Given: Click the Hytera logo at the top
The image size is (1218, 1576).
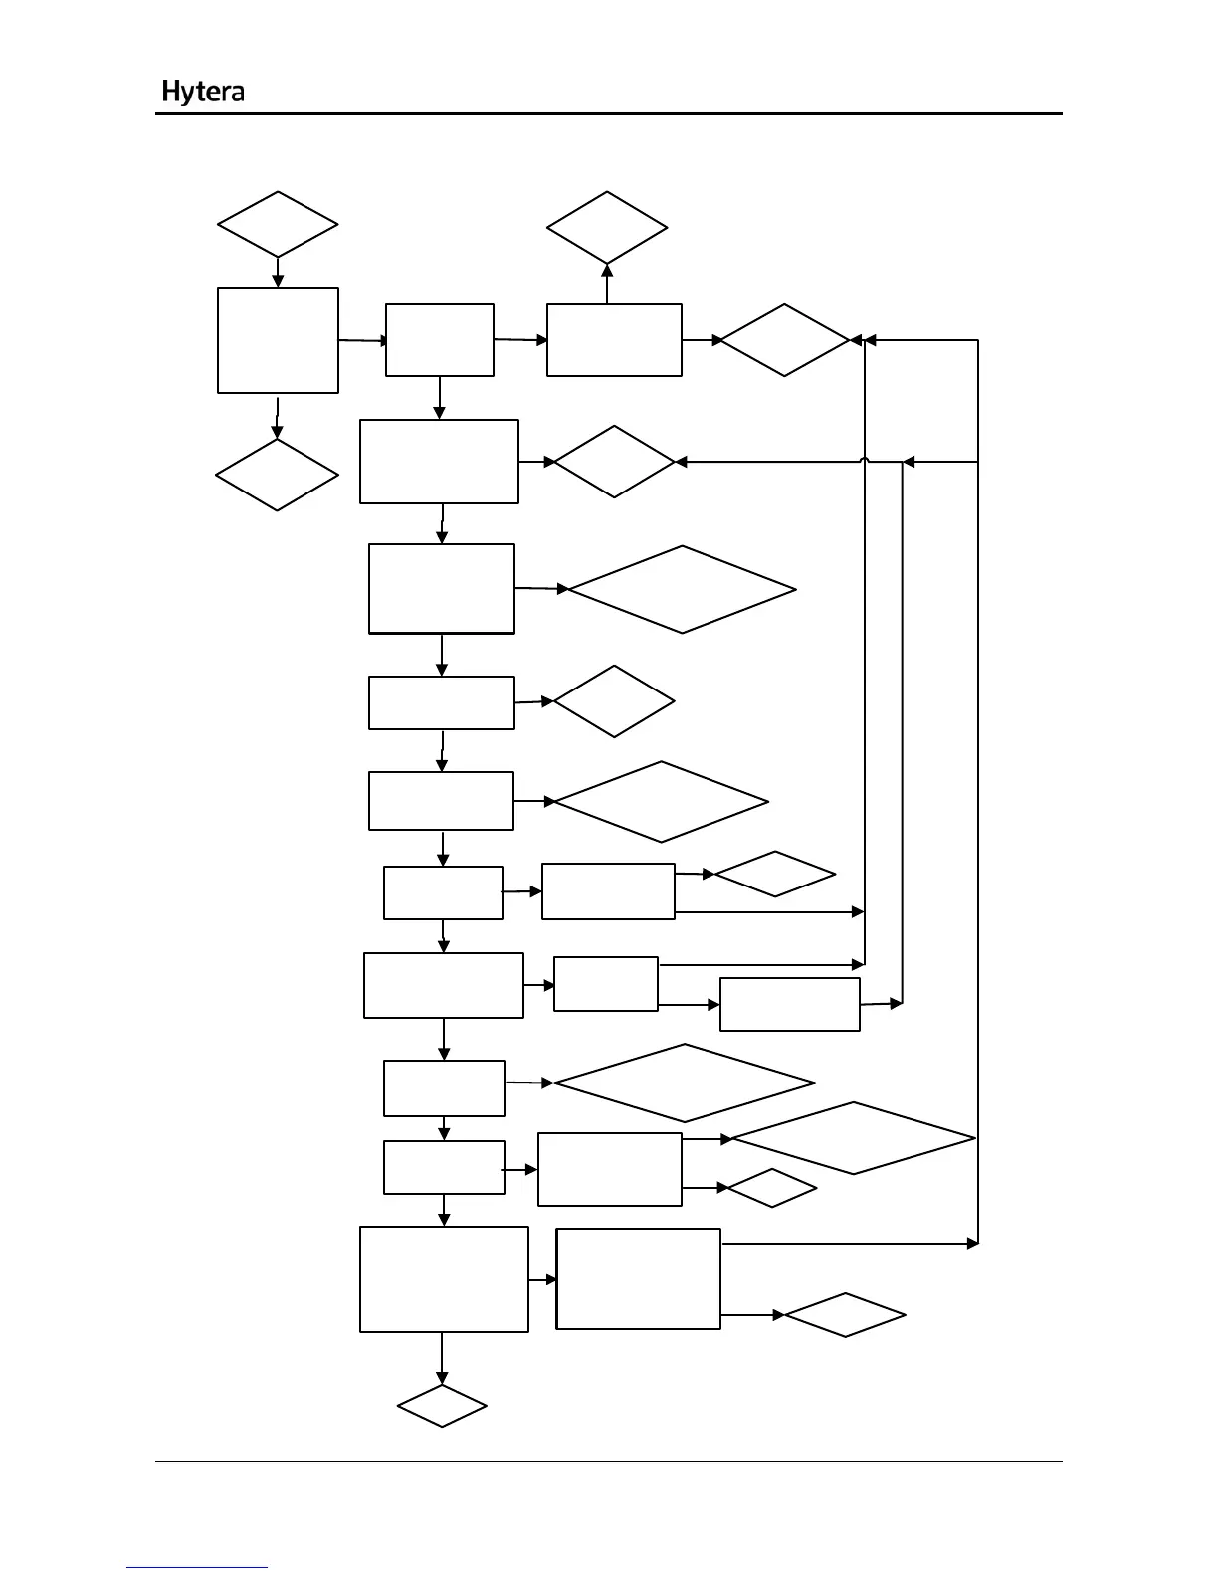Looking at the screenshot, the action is [203, 93].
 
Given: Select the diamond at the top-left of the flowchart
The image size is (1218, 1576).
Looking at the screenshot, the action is [278, 225].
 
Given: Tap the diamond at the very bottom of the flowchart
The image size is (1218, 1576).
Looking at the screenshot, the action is [442, 1405].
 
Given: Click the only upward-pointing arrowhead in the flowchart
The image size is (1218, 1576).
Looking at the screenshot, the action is [607, 270].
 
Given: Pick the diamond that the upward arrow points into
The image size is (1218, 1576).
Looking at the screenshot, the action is [607, 228].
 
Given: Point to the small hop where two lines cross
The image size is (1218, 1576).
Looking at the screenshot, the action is [866, 462].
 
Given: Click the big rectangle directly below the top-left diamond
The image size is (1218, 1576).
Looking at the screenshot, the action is [278, 340].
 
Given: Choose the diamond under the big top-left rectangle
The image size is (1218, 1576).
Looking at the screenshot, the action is [277, 475].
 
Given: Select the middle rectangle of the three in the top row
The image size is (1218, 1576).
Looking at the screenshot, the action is [439, 340].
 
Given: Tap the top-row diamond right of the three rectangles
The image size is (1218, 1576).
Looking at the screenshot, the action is [784, 340].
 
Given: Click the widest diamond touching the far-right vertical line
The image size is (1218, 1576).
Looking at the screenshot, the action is [853, 1138].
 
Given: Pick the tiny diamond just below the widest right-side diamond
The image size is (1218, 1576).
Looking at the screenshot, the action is [772, 1188].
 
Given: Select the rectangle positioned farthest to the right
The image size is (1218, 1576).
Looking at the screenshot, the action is [789, 1004].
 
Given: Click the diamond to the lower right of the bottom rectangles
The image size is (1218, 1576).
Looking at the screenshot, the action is [845, 1315].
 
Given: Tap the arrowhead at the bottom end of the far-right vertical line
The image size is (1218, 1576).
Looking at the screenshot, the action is [972, 1244].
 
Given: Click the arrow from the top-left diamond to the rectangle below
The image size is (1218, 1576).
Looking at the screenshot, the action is [278, 272].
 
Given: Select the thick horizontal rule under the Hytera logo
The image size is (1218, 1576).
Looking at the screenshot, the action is [608, 114].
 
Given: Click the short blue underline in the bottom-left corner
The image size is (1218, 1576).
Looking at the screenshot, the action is [197, 1567].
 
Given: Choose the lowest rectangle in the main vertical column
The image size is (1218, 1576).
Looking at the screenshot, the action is [444, 1279].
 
